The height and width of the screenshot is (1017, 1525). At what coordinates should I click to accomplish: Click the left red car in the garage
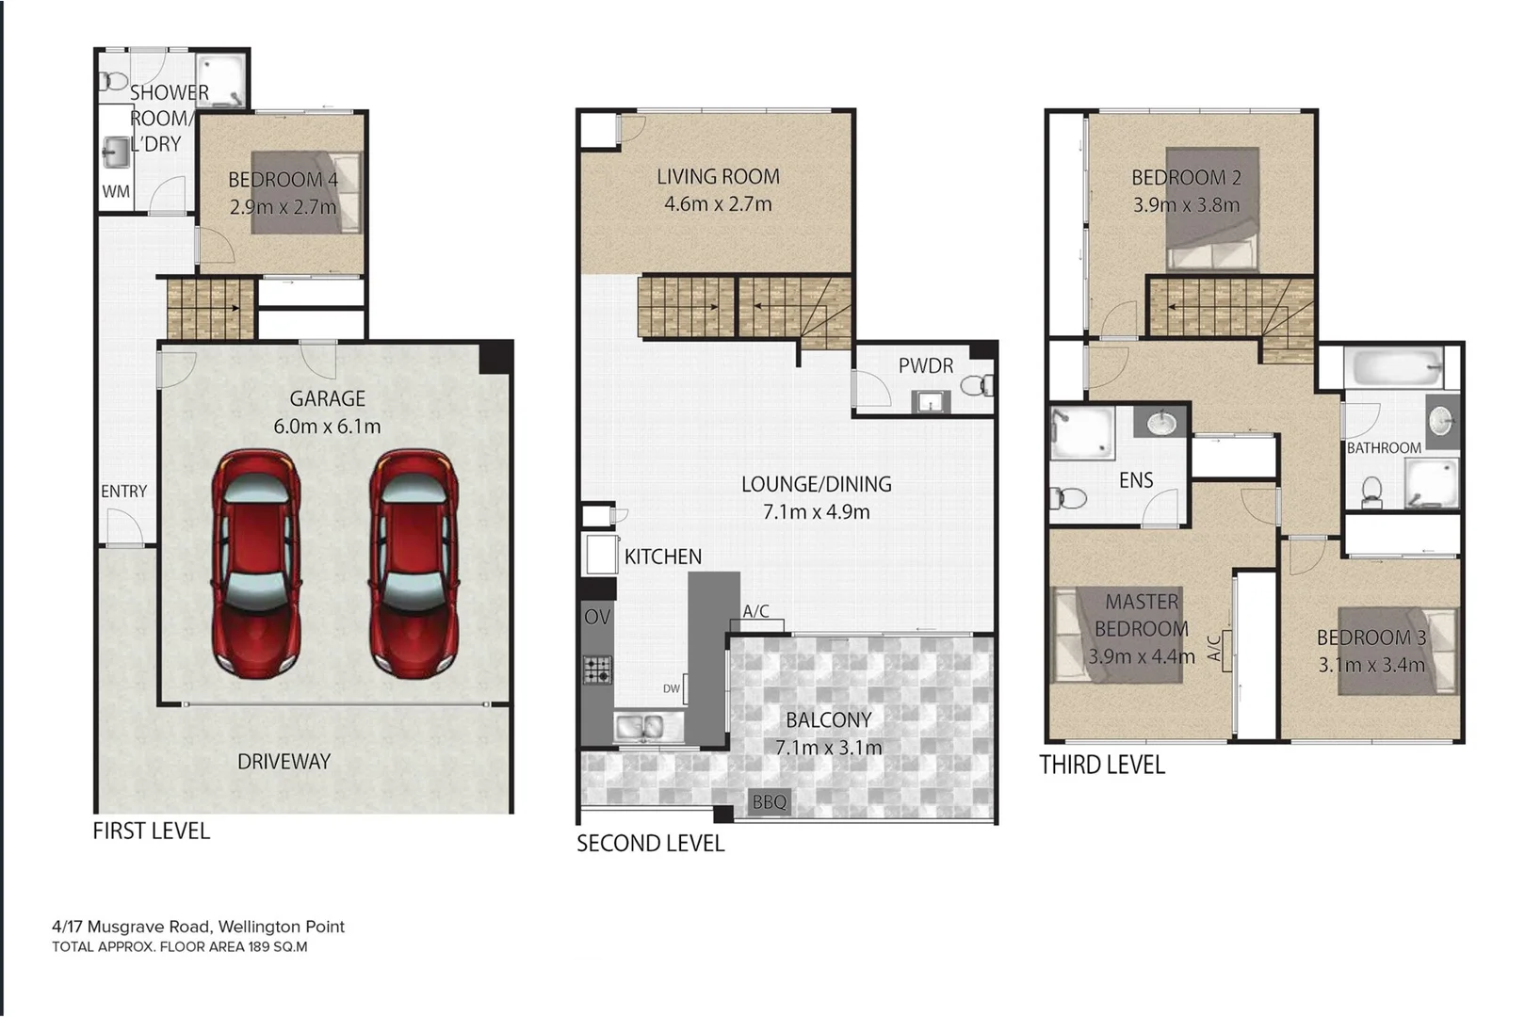[x=256, y=562]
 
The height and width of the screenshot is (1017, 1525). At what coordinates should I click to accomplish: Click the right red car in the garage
[x=414, y=562]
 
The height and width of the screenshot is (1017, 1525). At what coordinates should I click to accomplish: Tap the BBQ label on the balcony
[x=769, y=802]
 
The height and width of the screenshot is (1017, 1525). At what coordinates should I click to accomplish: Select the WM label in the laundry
[x=116, y=191]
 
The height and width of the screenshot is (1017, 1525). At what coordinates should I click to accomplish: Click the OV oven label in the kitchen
[x=597, y=618]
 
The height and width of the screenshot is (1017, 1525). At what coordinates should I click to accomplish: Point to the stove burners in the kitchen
[x=597, y=670]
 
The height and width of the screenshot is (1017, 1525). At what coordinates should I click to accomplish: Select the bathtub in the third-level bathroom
[x=1393, y=368]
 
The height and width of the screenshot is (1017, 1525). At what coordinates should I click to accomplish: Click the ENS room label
[x=1135, y=480]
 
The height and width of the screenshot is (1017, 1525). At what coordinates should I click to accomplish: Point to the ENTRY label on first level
[x=123, y=492]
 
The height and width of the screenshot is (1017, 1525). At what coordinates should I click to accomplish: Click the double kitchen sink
[x=648, y=727]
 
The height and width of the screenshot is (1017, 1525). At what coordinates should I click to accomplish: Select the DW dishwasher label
[x=671, y=689]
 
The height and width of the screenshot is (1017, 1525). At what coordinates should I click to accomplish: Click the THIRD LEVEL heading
[x=1101, y=765]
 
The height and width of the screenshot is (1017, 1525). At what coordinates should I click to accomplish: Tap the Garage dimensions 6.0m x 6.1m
[x=327, y=427]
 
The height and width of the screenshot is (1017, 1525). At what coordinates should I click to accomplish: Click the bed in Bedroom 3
[x=1398, y=651]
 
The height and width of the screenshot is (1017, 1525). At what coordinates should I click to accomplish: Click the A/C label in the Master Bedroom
[x=1215, y=648]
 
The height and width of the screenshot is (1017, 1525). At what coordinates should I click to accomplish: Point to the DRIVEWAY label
[x=284, y=762]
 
